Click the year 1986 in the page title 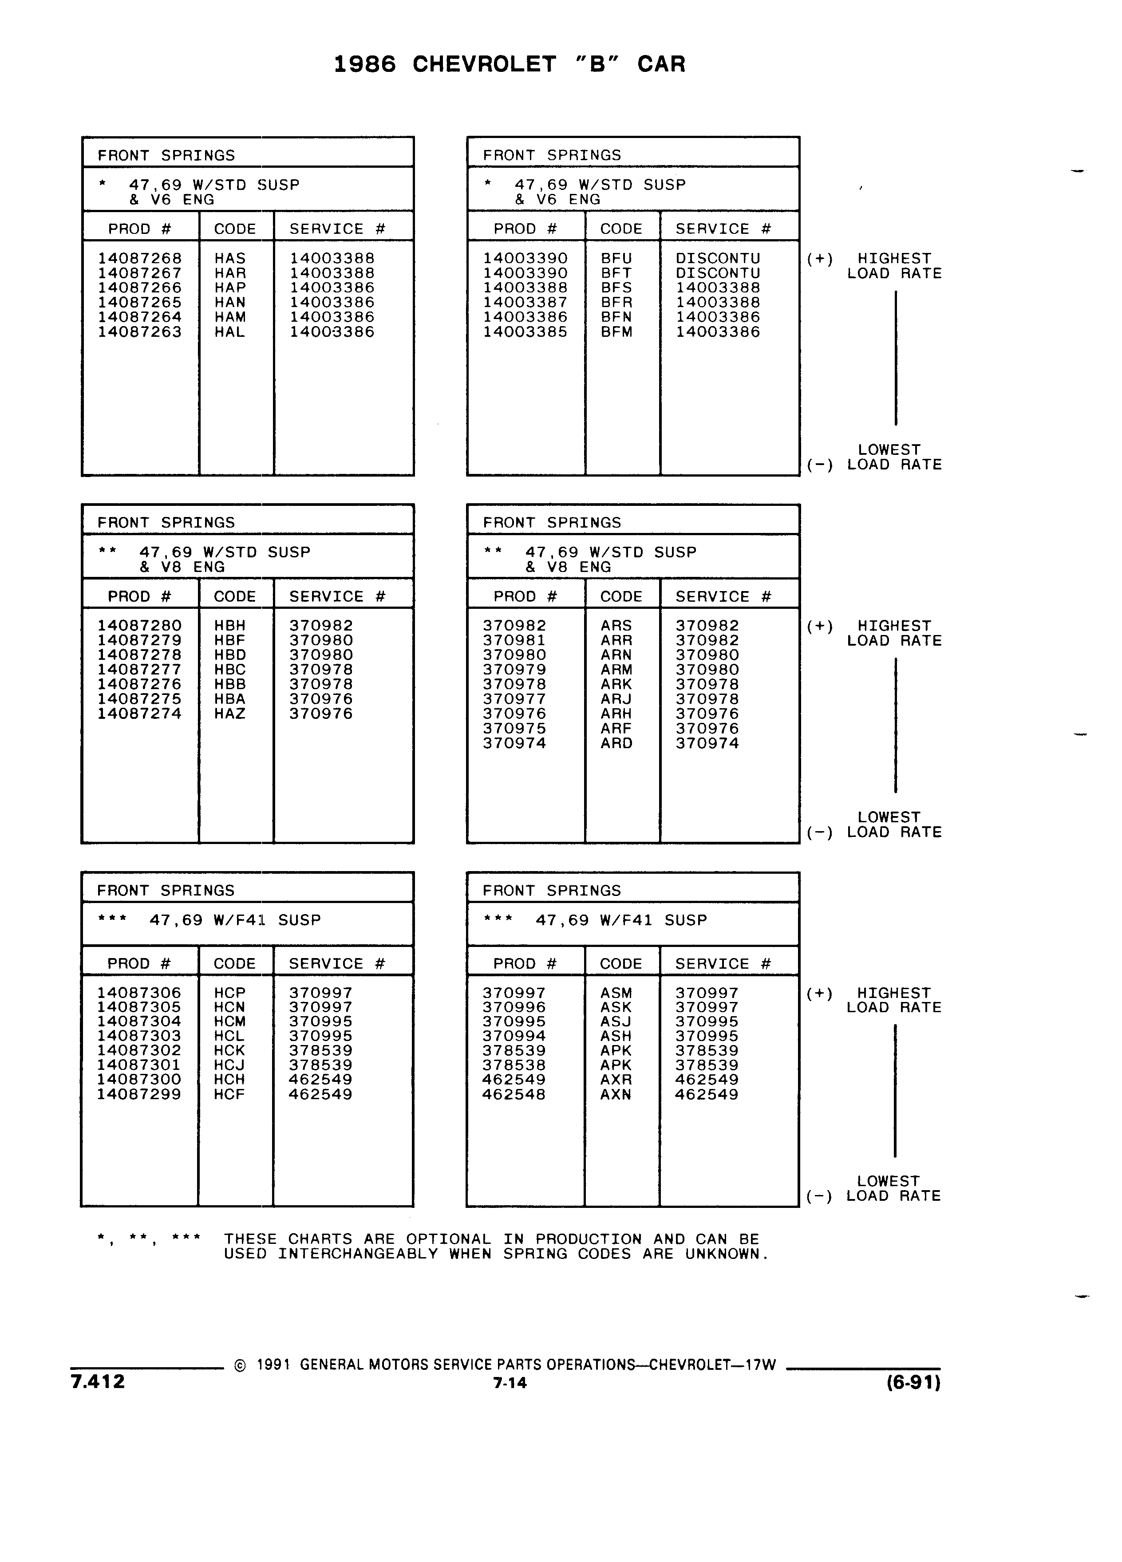365,64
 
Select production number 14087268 140,258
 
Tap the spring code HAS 230,258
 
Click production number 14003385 525,332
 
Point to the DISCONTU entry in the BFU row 718,258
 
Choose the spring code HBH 230,625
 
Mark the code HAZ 230,714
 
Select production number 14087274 140,714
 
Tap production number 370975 514,729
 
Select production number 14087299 139,1094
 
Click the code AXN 616,1094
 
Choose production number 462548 514,1094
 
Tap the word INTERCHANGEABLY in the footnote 358,1254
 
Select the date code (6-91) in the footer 913,1382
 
